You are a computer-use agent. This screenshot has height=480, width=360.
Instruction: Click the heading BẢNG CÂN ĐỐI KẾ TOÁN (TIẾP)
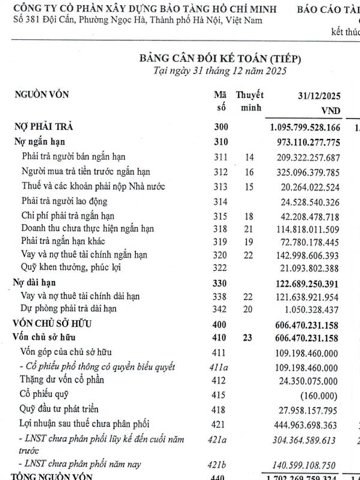[219, 58]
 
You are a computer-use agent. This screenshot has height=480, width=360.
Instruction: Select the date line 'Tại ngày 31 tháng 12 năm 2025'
[219, 70]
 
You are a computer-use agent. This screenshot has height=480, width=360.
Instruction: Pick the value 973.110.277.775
[305, 142]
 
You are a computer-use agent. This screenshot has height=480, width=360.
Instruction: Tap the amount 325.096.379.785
[305, 172]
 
